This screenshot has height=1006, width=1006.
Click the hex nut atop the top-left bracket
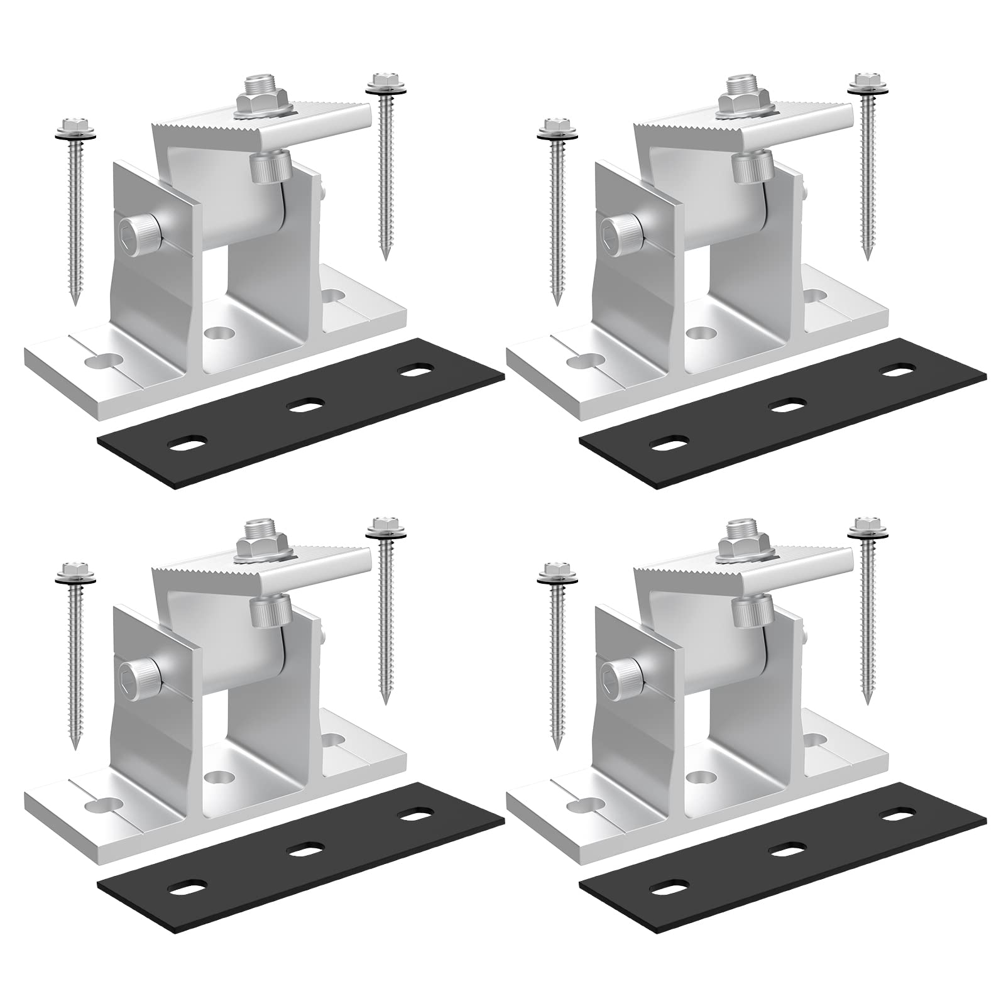pos(261,101)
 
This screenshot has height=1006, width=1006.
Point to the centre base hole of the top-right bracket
pos(699,332)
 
